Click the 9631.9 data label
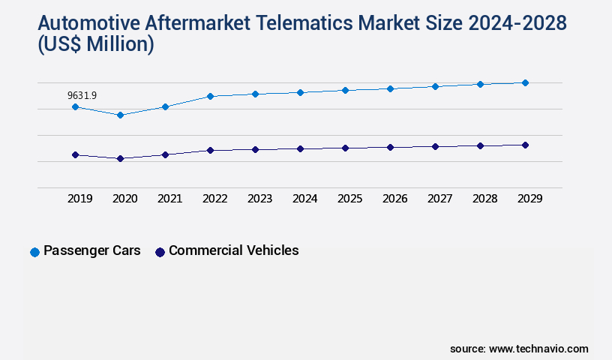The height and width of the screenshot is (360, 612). (82, 95)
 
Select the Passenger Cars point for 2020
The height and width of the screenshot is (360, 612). (120, 115)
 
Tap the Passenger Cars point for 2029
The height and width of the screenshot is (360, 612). (525, 82)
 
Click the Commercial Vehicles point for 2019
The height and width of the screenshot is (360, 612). (75, 154)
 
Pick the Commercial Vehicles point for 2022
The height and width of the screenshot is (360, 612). (210, 150)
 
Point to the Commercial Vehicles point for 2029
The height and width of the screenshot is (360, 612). (525, 145)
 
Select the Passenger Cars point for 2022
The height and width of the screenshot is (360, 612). (210, 96)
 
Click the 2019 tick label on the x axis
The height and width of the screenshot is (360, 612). (80, 199)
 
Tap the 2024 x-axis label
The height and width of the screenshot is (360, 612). (305, 199)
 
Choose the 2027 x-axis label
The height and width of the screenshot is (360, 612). (440, 199)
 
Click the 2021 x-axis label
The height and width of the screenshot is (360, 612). (170, 199)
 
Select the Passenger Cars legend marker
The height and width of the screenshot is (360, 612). (34, 252)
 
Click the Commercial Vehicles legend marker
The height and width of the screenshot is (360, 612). (160, 252)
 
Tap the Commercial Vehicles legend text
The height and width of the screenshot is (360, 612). (233, 250)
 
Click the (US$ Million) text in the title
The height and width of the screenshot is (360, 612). (95, 45)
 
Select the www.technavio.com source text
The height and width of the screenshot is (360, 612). (538, 349)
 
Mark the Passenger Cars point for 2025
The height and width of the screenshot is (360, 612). (345, 90)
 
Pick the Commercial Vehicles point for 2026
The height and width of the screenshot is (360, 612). (390, 147)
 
